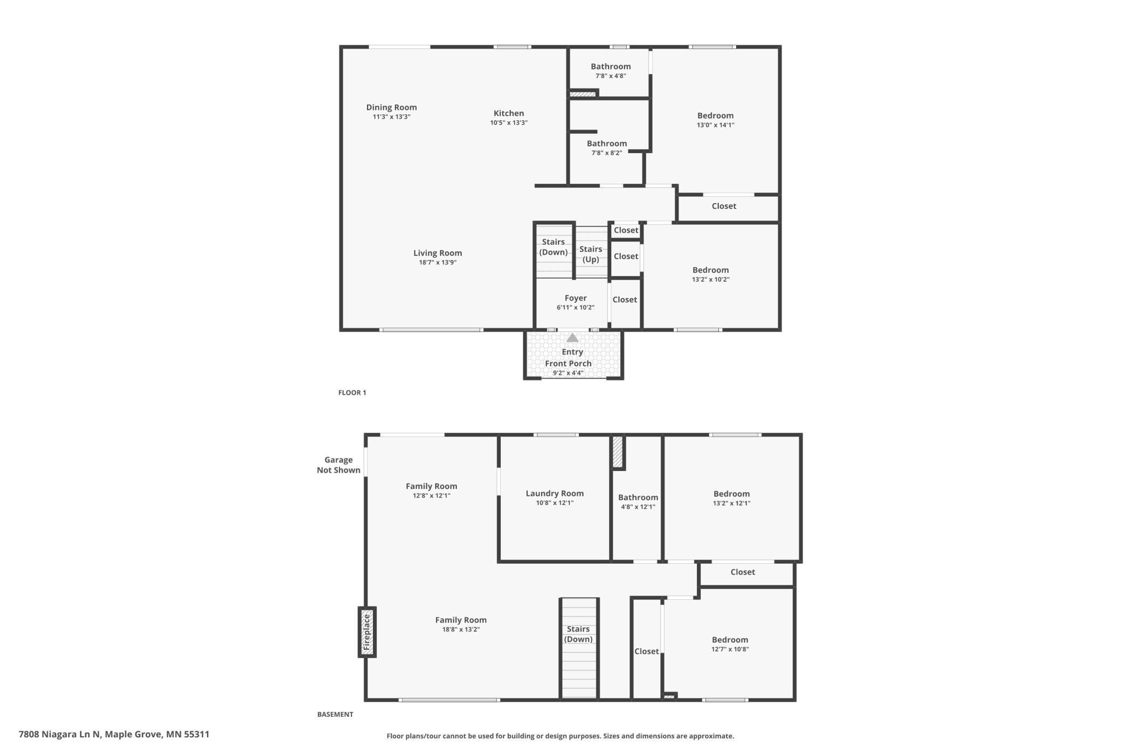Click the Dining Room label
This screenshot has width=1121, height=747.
[x=391, y=107]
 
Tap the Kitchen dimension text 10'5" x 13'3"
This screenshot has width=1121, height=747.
[x=509, y=123]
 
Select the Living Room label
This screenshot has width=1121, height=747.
[x=438, y=253]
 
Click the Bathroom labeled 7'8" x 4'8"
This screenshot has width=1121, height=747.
[x=611, y=66]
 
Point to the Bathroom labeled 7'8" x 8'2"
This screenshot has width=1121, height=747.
[x=607, y=143]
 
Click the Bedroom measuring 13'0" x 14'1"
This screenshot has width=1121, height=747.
[x=715, y=115]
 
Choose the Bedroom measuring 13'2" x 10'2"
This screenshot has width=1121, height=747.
[x=710, y=270]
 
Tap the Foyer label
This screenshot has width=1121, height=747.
[x=576, y=298]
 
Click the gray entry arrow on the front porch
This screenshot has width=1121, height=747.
[x=572, y=338]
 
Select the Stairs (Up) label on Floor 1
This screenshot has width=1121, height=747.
[x=591, y=254]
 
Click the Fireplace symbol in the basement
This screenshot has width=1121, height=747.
[x=367, y=632]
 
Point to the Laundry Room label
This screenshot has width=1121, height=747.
[x=555, y=493]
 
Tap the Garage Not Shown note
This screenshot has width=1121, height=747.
[x=338, y=465]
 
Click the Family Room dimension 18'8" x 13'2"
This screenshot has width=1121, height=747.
[x=461, y=630]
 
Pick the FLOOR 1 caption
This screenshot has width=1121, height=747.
[x=352, y=392]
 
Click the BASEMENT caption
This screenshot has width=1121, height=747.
[x=335, y=714]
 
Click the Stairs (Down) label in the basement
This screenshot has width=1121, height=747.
[x=578, y=634]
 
